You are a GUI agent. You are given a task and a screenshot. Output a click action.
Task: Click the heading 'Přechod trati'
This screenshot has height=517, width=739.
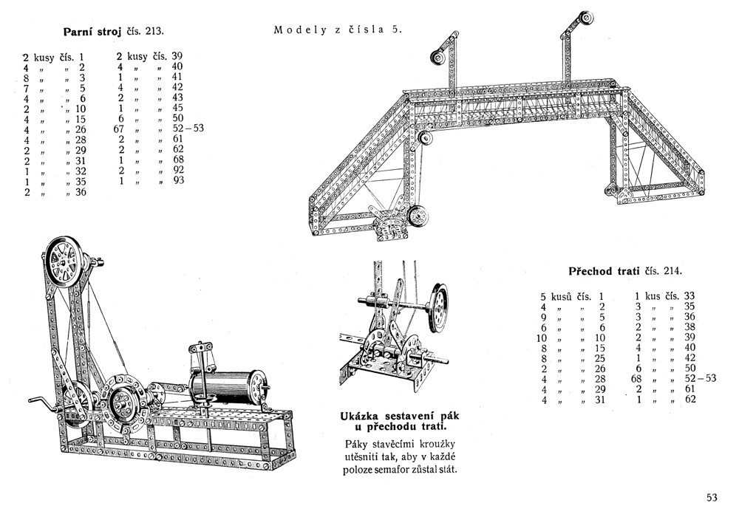coord(605,270)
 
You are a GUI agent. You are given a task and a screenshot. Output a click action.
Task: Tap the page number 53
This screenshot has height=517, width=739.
coord(712,497)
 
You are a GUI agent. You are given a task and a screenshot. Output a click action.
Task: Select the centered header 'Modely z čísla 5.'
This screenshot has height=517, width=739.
coord(338,30)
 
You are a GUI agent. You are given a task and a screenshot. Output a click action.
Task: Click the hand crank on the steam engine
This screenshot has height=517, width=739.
coord(36,403)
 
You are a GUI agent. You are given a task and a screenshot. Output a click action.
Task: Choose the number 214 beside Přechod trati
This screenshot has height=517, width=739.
coord(672,270)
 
